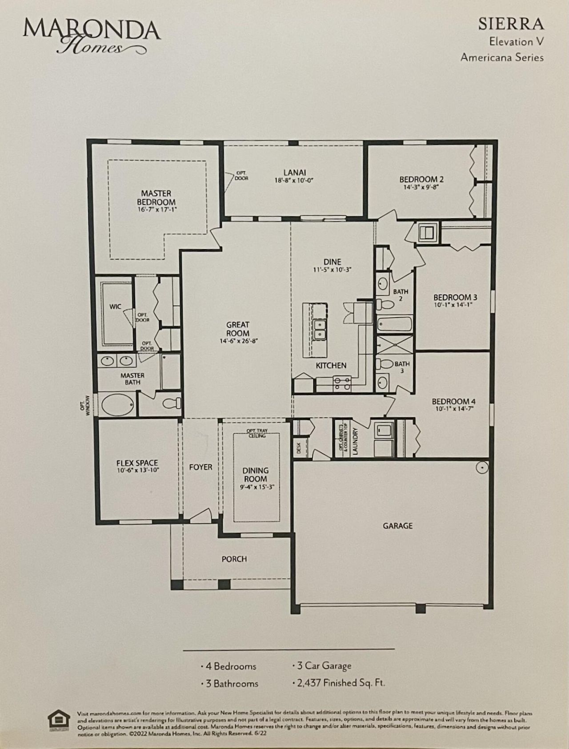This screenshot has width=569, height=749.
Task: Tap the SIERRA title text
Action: coord(511,24)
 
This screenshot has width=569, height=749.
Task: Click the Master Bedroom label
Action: coord(156,197)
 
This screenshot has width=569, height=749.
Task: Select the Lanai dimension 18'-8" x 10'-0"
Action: coord(294,181)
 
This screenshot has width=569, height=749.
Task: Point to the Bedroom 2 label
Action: coord(421,179)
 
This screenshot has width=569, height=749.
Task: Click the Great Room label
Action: coord(238,329)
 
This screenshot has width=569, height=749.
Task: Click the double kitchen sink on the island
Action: coord(320,329)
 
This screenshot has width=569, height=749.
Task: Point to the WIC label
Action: coord(115,306)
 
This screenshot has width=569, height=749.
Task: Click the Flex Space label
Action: coord(137,463)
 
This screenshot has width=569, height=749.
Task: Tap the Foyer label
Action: coord(200,467)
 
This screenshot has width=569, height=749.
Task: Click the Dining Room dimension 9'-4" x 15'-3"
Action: coord(255,487)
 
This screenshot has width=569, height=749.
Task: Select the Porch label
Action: coord(234,559)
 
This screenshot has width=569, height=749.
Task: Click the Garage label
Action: coord(397,526)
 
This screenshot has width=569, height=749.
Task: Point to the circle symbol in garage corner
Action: coord(482,467)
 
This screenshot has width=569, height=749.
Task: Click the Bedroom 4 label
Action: coord(453,401)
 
